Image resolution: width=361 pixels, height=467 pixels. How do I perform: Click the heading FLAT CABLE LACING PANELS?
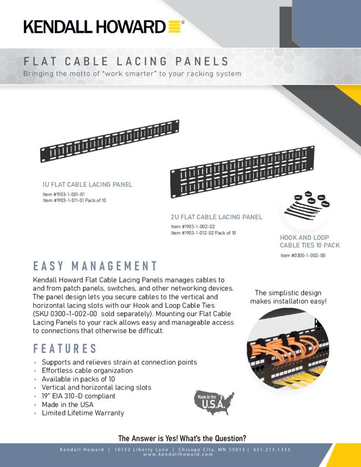point(126,62)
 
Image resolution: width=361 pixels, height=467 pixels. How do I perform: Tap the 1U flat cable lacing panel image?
point(110,141)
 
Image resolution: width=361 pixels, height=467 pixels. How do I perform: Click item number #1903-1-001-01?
point(64,194)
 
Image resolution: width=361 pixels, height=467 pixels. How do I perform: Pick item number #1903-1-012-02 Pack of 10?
point(204,233)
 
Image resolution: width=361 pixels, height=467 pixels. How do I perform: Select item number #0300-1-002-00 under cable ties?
point(303,255)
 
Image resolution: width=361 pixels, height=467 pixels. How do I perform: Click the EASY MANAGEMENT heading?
point(95,266)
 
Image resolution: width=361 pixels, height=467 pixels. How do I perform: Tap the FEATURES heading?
point(65,349)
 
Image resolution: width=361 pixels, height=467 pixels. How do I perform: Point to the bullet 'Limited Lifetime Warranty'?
point(83,413)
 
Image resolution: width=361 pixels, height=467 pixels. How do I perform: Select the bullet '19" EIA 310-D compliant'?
point(78,396)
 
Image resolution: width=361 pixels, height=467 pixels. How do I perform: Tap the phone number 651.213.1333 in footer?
point(272,450)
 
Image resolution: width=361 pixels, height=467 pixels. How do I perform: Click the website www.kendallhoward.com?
point(178,454)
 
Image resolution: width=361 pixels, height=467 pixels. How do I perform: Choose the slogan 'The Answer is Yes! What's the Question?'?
point(182,438)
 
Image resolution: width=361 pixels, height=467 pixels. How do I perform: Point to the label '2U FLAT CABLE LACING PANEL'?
point(217,217)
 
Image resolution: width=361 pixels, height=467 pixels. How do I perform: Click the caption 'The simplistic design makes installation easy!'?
point(288,297)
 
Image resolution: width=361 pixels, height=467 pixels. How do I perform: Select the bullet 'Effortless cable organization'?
point(87,370)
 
